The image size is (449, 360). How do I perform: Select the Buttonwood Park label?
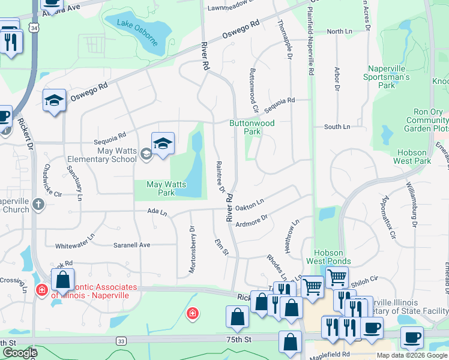pos(252,127)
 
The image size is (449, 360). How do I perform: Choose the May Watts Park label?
pos(161,188)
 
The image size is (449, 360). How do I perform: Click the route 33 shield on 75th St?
pos(122,341)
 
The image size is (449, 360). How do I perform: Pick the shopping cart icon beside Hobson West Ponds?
pos(337,277)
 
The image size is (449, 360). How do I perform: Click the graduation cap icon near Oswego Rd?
pos(54,100)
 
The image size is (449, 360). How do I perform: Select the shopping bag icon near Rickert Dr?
pos(62,280)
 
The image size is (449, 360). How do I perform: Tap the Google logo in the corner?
pos(20,353)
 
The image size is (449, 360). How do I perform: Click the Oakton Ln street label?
pos(250,206)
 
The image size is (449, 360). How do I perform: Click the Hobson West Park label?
pos(412,157)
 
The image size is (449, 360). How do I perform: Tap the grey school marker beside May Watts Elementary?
pos(146,155)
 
